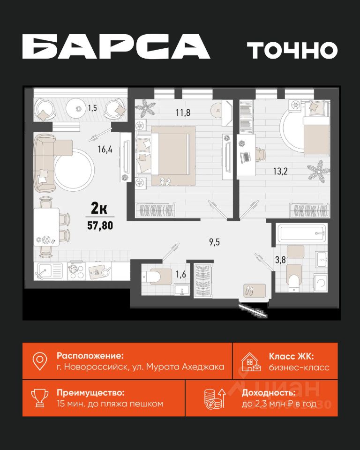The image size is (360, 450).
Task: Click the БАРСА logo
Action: pyautogui.click(x=116, y=47)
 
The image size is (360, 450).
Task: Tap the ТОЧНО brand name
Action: pyautogui.click(x=292, y=50)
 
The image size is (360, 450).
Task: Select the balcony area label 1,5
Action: pyautogui.click(x=92, y=108)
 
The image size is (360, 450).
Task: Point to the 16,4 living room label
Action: pyautogui.click(x=105, y=149)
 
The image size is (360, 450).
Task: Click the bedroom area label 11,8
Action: pyautogui.click(x=183, y=112)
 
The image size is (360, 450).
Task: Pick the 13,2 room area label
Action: pyautogui.click(x=280, y=172)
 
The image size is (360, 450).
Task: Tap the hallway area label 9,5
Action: pyautogui.click(x=214, y=242)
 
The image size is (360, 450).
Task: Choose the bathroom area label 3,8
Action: pyautogui.click(x=280, y=260)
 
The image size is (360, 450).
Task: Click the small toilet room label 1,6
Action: pyautogui.click(x=181, y=274)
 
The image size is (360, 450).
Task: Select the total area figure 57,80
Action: pyautogui.click(x=100, y=225)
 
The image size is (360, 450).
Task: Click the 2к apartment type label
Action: pyautogui.click(x=99, y=208)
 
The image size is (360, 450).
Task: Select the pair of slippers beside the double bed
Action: pyautogui.click(x=165, y=181)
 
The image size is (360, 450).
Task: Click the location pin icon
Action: pyautogui.click(x=40, y=361)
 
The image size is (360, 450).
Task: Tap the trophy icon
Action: pyautogui.click(x=40, y=398)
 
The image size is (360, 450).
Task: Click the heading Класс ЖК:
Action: pyautogui.click(x=291, y=356)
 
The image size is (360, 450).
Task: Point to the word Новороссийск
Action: pyautogui.click(x=96, y=367)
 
